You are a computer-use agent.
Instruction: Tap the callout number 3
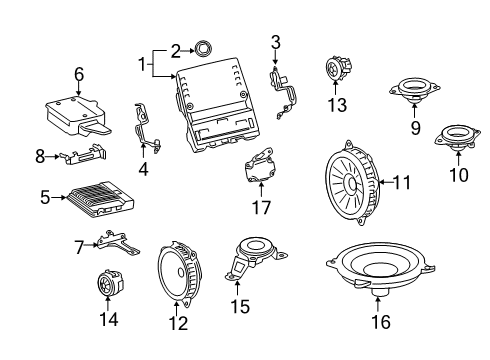(x=276, y=41)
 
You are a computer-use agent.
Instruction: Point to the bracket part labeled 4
(x=144, y=124)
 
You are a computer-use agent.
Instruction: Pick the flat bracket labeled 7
(x=117, y=242)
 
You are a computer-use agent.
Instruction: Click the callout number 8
(x=41, y=156)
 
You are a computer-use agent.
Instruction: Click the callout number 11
(x=402, y=183)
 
